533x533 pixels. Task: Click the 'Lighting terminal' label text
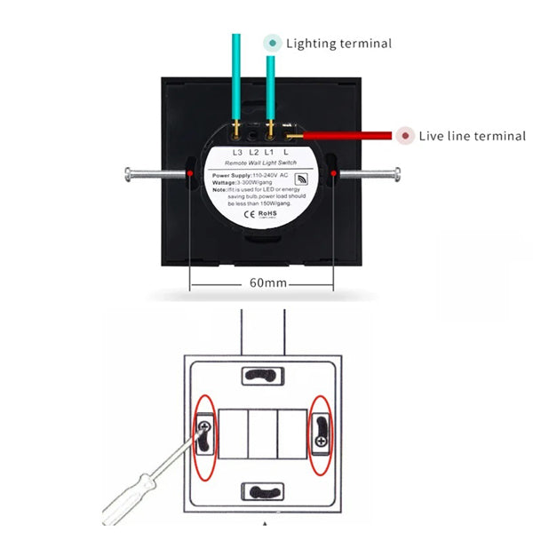(x=338, y=43)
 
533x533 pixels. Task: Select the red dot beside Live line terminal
(x=406, y=136)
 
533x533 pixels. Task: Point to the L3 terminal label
(x=237, y=152)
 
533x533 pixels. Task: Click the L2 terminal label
(x=254, y=152)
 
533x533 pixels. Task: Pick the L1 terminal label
(x=271, y=152)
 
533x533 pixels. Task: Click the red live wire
(x=346, y=136)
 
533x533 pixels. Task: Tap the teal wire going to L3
(x=236, y=80)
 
